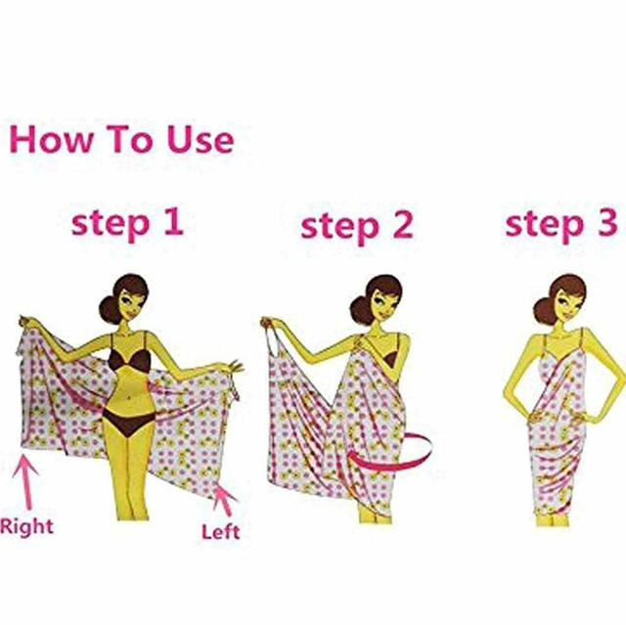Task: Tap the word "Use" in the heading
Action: [200, 140]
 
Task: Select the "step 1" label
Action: [127, 223]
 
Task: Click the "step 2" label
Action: [356, 227]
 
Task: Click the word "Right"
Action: [26, 526]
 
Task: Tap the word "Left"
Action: [221, 532]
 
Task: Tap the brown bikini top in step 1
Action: [130, 360]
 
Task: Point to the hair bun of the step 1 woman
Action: [109, 309]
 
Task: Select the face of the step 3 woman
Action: [567, 305]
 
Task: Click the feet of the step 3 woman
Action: [553, 519]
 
